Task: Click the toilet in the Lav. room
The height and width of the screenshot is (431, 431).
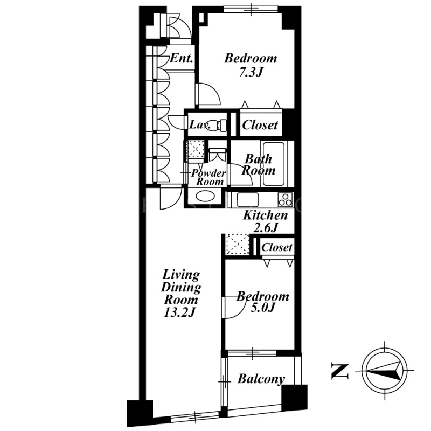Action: (217, 126)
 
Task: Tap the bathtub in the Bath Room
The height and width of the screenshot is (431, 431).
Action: (274, 164)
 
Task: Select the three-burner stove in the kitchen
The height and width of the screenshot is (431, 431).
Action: (286, 199)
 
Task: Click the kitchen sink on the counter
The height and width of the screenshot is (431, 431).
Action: (248, 199)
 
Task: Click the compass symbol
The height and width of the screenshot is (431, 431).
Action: (384, 371)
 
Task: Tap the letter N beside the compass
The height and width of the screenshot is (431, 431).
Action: (340, 371)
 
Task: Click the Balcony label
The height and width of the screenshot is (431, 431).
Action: (261, 380)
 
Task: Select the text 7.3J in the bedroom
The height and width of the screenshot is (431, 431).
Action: (251, 72)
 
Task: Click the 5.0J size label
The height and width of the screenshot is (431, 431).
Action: (263, 308)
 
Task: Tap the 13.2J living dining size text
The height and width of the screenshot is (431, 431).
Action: (179, 312)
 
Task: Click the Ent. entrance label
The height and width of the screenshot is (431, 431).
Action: (181, 58)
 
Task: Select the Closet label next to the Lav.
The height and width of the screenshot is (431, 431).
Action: (260, 125)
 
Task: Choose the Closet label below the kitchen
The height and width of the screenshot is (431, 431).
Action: (277, 247)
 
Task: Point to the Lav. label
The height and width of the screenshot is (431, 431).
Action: (200, 126)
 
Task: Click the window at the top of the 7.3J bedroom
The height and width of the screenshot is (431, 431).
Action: (251, 9)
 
